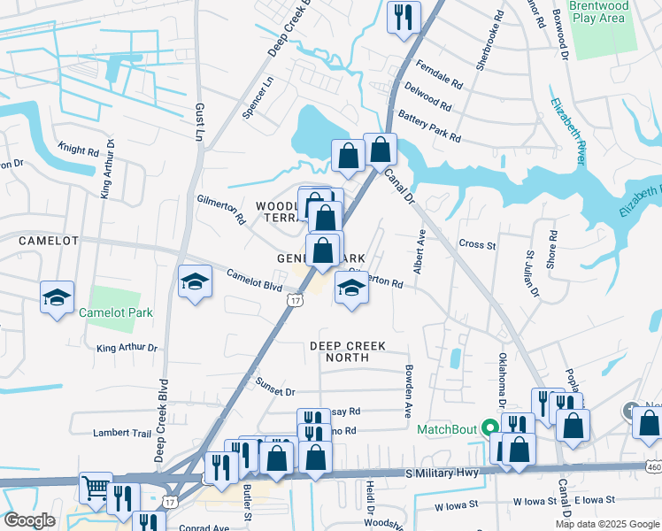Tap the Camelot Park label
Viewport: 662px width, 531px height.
coord(115,312)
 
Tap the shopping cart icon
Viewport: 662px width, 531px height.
coord(96,487)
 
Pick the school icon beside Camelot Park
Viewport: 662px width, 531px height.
coord(58,297)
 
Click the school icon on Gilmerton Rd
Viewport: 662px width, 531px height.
coord(351,288)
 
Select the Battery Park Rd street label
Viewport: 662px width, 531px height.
coord(429,126)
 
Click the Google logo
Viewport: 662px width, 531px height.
coord(29,519)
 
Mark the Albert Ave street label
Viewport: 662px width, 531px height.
coord(421,250)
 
